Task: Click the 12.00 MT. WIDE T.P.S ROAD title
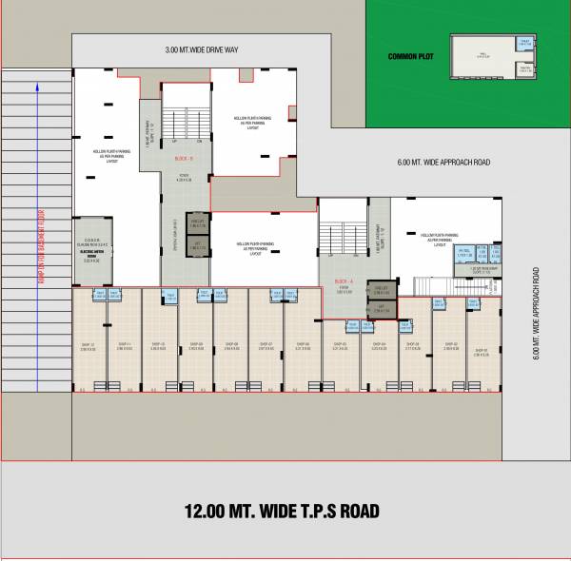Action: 282,512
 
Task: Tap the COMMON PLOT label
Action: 411,57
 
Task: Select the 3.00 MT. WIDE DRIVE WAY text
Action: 201,49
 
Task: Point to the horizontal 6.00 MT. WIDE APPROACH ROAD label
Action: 443,163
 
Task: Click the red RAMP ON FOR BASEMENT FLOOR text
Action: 41,244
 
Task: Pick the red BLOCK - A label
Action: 345,281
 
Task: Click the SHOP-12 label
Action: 89,345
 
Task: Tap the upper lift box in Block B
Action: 197,222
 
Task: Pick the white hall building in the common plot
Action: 482,56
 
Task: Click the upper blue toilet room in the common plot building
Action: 523,43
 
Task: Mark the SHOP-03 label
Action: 413,345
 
